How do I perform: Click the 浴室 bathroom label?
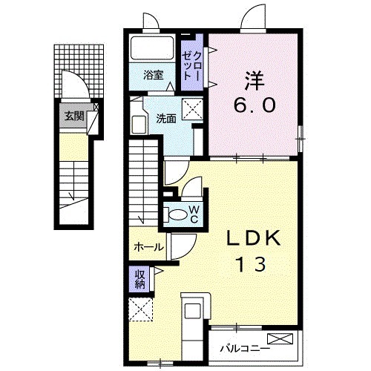pyautogui.click(x=154, y=74)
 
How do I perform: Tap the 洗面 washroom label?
pyautogui.click(x=165, y=117)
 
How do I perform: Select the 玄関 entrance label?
pyautogui.click(x=73, y=116)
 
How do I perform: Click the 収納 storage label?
pyautogui.click(x=140, y=278)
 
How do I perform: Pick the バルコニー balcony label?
pyautogui.click(x=243, y=347)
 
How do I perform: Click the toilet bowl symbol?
pyautogui.click(x=177, y=214)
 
